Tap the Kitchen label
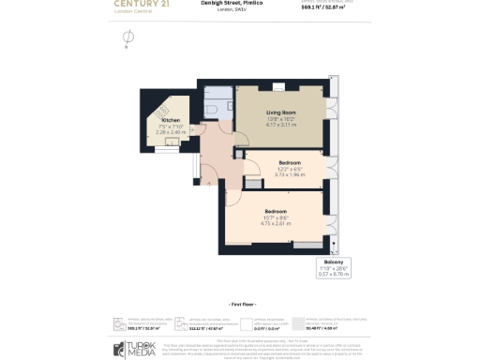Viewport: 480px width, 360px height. tap(171, 121)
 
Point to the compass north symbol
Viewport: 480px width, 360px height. tap(128, 38)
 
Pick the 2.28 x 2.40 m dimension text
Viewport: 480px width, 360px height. tap(171, 132)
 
